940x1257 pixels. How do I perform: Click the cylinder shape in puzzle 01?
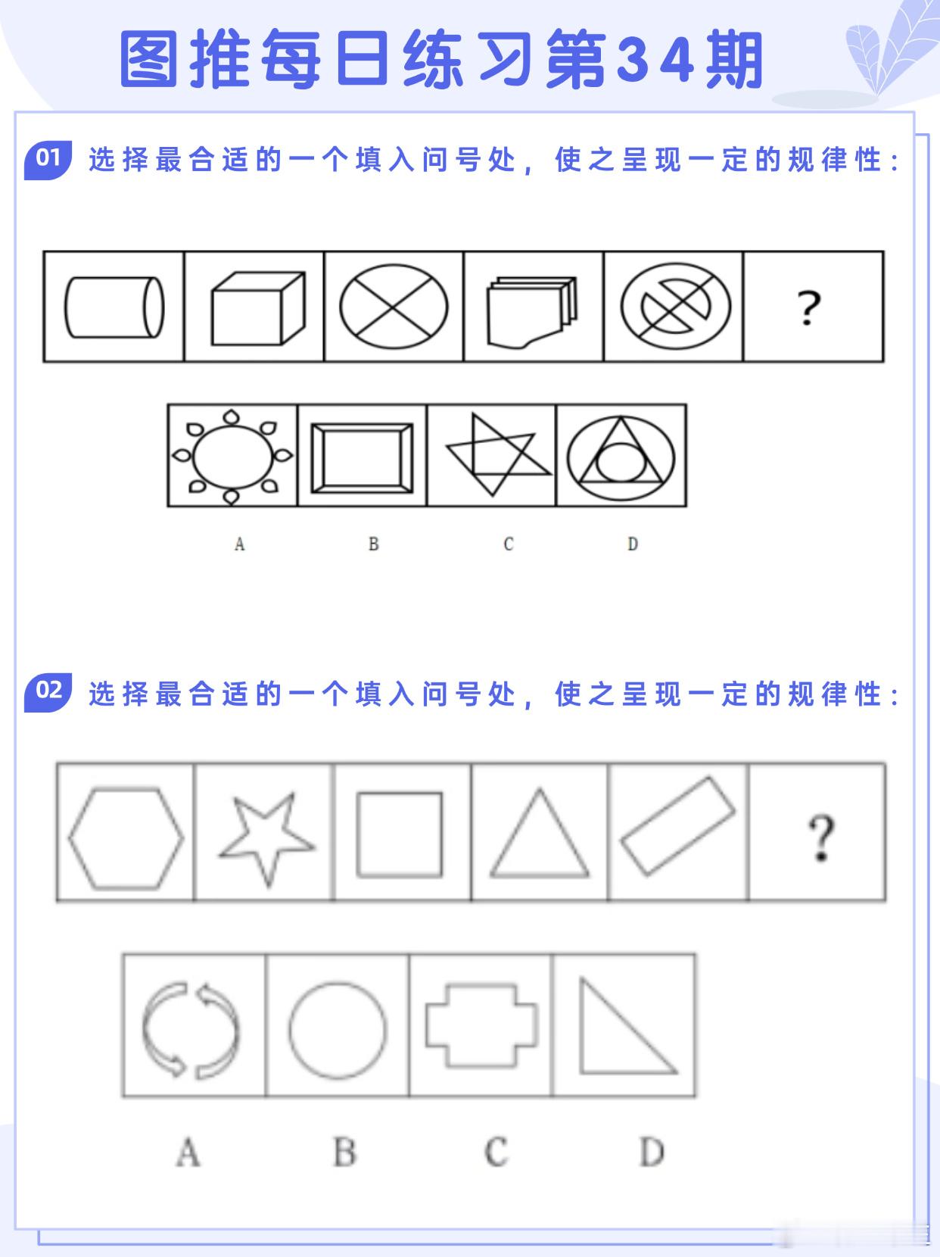pyautogui.click(x=114, y=307)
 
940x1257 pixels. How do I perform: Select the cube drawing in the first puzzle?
pyautogui.click(x=257, y=308)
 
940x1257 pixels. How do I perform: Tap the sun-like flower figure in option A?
pyautogui.click(x=232, y=455)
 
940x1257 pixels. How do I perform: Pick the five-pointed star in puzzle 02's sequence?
pyautogui.click(x=266, y=836)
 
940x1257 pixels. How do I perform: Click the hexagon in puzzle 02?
pyautogui.click(x=126, y=837)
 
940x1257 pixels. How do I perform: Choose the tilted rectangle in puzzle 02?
pyautogui.click(x=677, y=826)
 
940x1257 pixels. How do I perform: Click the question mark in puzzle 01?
pyautogui.click(x=808, y=307)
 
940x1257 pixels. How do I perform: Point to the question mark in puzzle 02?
pyautogui.click(x=820, y=837)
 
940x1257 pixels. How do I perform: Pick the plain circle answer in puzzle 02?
pyautogui.click(x=338, y=1030)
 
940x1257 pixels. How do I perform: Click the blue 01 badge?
pyautogui.click(x=48, y=159)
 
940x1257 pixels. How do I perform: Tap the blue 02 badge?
pyautogui.click(x=48, y=691)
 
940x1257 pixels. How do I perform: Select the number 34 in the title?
pyautogui.click(x=655, y=61)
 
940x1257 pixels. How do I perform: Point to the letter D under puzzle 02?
pyautogui.click(x=651, y=1153)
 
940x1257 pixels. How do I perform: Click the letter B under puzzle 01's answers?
pyautogui.click(x=373, y=544)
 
